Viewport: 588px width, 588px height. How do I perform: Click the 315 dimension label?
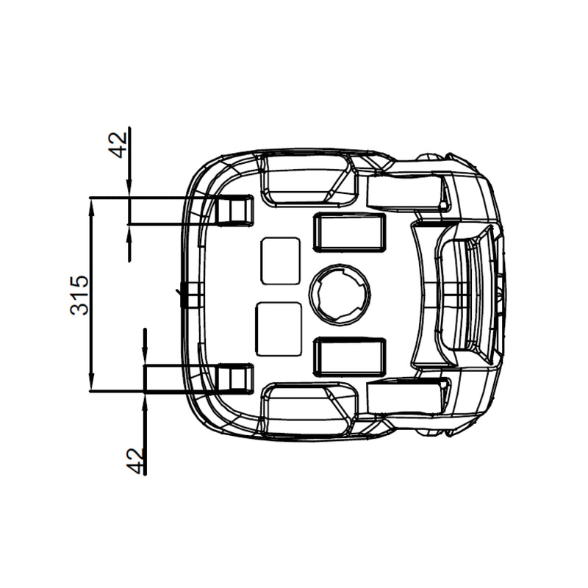coord(79,295)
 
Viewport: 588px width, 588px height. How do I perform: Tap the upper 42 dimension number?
coord(118,145)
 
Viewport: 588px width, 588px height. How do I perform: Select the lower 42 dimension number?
coord(135,461)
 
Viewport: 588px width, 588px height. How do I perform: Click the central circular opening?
coord(340,295)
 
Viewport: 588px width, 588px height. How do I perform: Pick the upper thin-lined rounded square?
coord(280,261)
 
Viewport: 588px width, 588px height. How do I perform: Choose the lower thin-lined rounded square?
coord(279,329)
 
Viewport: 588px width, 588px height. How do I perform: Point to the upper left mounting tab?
coord(234,211)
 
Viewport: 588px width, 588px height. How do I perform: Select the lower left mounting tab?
coord(234,379)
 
